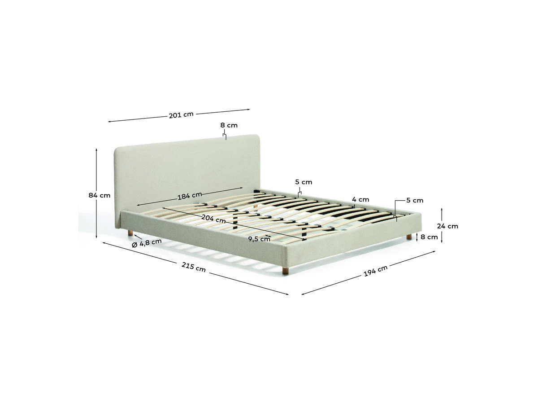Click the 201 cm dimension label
[x=181, y=115]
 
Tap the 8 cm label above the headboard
[x=229, y=125]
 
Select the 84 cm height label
[x=99, y=196]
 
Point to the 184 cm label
[x=190, y=196]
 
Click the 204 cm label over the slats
[x=213, y=218]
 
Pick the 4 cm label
[x=360, y=199]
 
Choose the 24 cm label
[x=447, y=226]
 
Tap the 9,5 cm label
[x=259, y=239]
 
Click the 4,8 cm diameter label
[x=151, y=242]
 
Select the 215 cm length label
[x=193, y=267]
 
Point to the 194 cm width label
[x=375, y=271]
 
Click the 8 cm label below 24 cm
[x=429, y=237]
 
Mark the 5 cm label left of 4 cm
[x=304, y=182]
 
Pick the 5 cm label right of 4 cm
[x=415, y=200]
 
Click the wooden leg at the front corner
[x=285, y=270]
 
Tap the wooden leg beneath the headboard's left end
[x=130, y=233]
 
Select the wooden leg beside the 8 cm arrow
[x=409, y=237]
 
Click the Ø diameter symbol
[x=134, y=245]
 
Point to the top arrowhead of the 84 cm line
[x=96, y=149]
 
